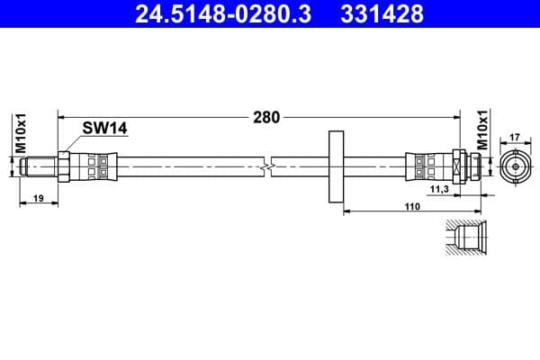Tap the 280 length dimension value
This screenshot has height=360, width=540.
click(266, 115)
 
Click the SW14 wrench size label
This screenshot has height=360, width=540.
click(104, 129)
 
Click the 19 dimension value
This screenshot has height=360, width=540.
click(38, 197)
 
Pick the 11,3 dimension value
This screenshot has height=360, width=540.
click(439, 191)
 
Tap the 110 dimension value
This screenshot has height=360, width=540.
click(412, 206)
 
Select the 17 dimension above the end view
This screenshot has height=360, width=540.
click(514, 138)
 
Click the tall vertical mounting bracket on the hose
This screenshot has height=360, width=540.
click(337, 167)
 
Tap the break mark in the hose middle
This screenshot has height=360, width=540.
click(266, 167)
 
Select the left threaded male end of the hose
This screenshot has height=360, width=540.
click(40, 166)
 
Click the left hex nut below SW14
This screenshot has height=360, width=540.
click(64, 166)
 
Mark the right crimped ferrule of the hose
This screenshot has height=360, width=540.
click(427, 166)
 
